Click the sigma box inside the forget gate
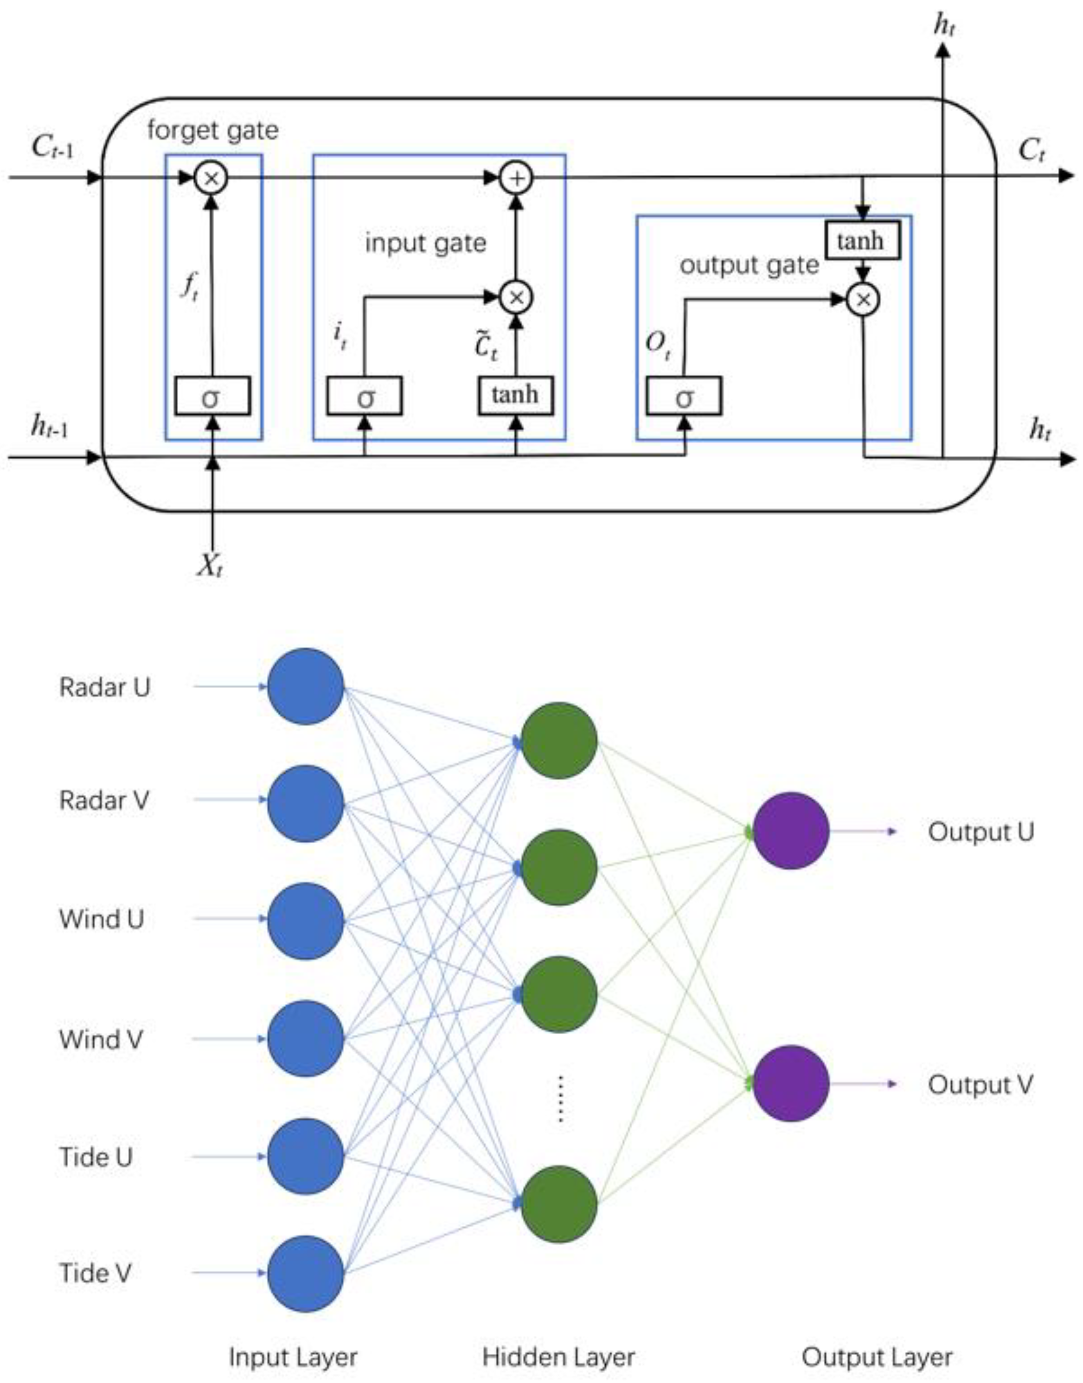pos(212,397)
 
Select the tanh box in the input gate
pos(515,396)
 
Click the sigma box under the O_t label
pos(684,397)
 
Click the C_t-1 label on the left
pos(52,148)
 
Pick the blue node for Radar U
pos(306,686)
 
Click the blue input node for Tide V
pos(306,1273)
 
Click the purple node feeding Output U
pos(791,831)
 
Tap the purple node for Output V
pos(791,1084)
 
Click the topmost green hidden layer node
pos(558,740)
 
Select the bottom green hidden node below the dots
pos(558,1204)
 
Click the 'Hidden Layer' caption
pos(558,1357)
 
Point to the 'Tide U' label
pos(96,1157)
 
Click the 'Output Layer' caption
pos(877,1357)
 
